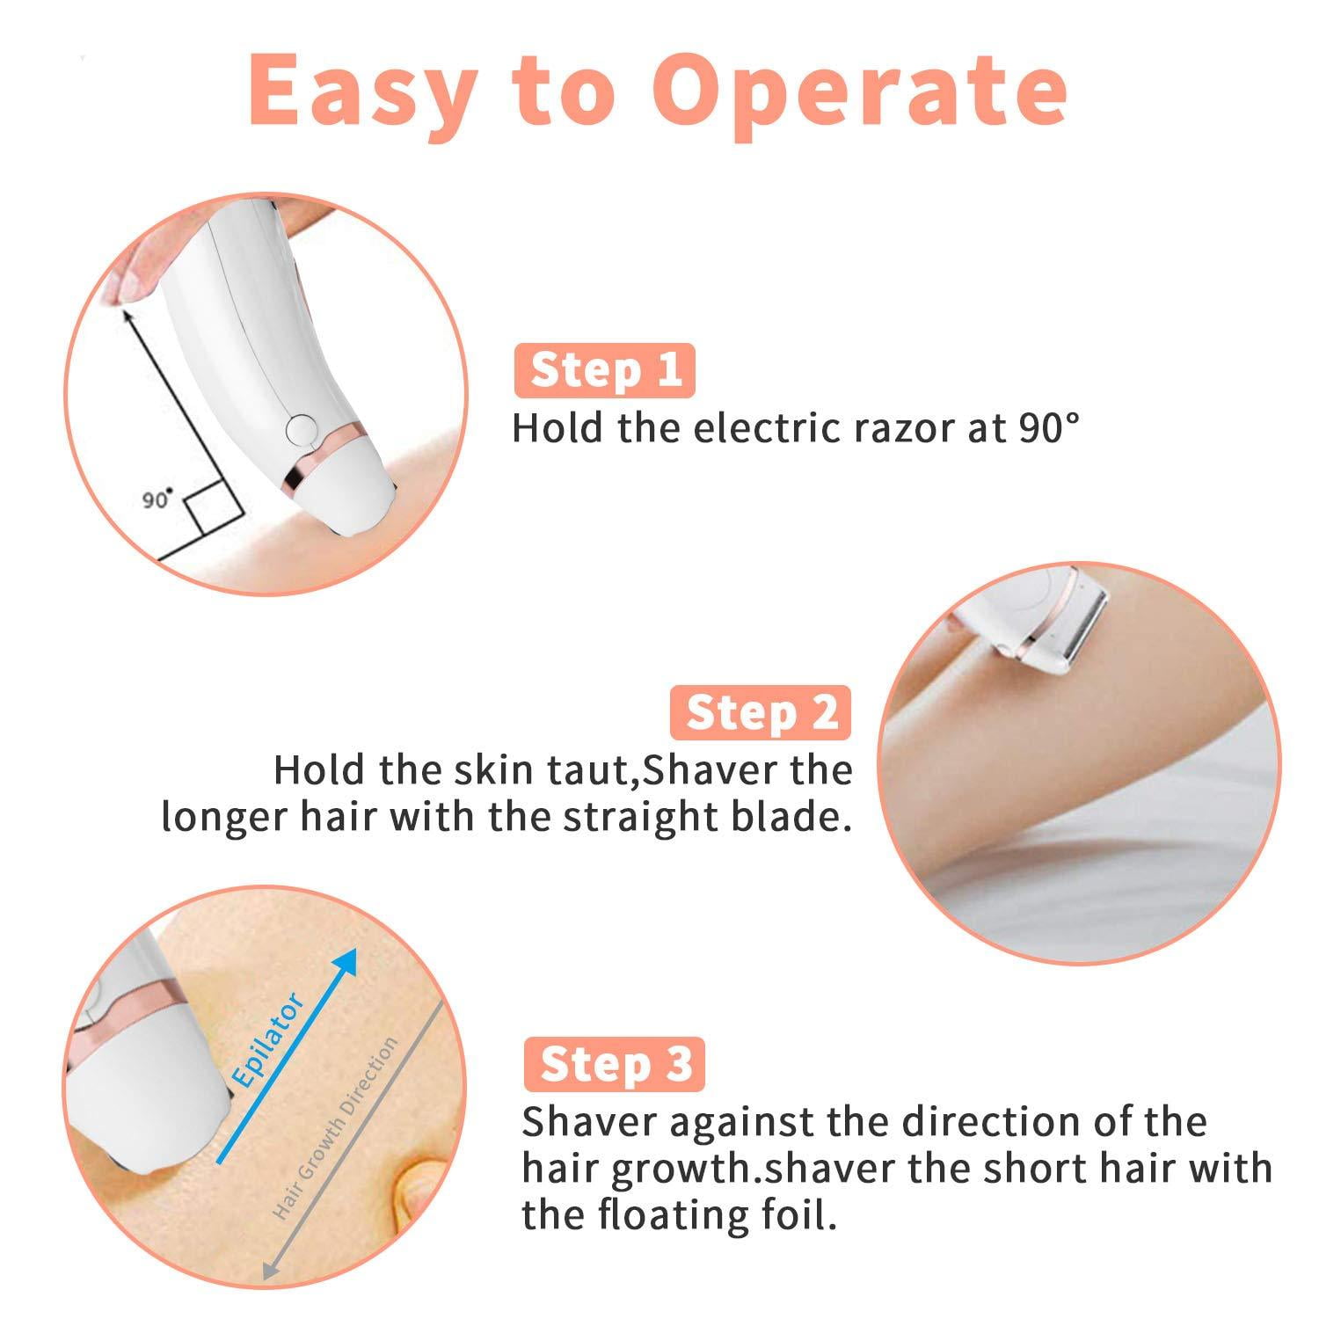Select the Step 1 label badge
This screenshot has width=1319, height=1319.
[606, 369]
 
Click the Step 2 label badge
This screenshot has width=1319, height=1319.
[762, 711]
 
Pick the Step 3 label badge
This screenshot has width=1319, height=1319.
[615, 1064]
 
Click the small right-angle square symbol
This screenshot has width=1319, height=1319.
[215, 512]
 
